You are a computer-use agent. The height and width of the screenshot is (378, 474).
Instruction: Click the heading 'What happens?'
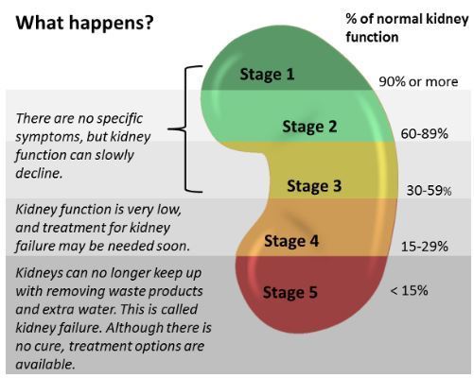click(x=83, y=21)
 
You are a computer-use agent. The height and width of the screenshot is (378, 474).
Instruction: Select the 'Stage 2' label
click(x=309, y=127)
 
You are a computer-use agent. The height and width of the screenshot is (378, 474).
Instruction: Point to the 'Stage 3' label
click(x=313, y=185)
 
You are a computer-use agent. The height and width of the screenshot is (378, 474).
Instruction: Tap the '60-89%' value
click(x=424, y=135)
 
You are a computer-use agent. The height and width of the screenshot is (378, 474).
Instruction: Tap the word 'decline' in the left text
click(x=39, y=174)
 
